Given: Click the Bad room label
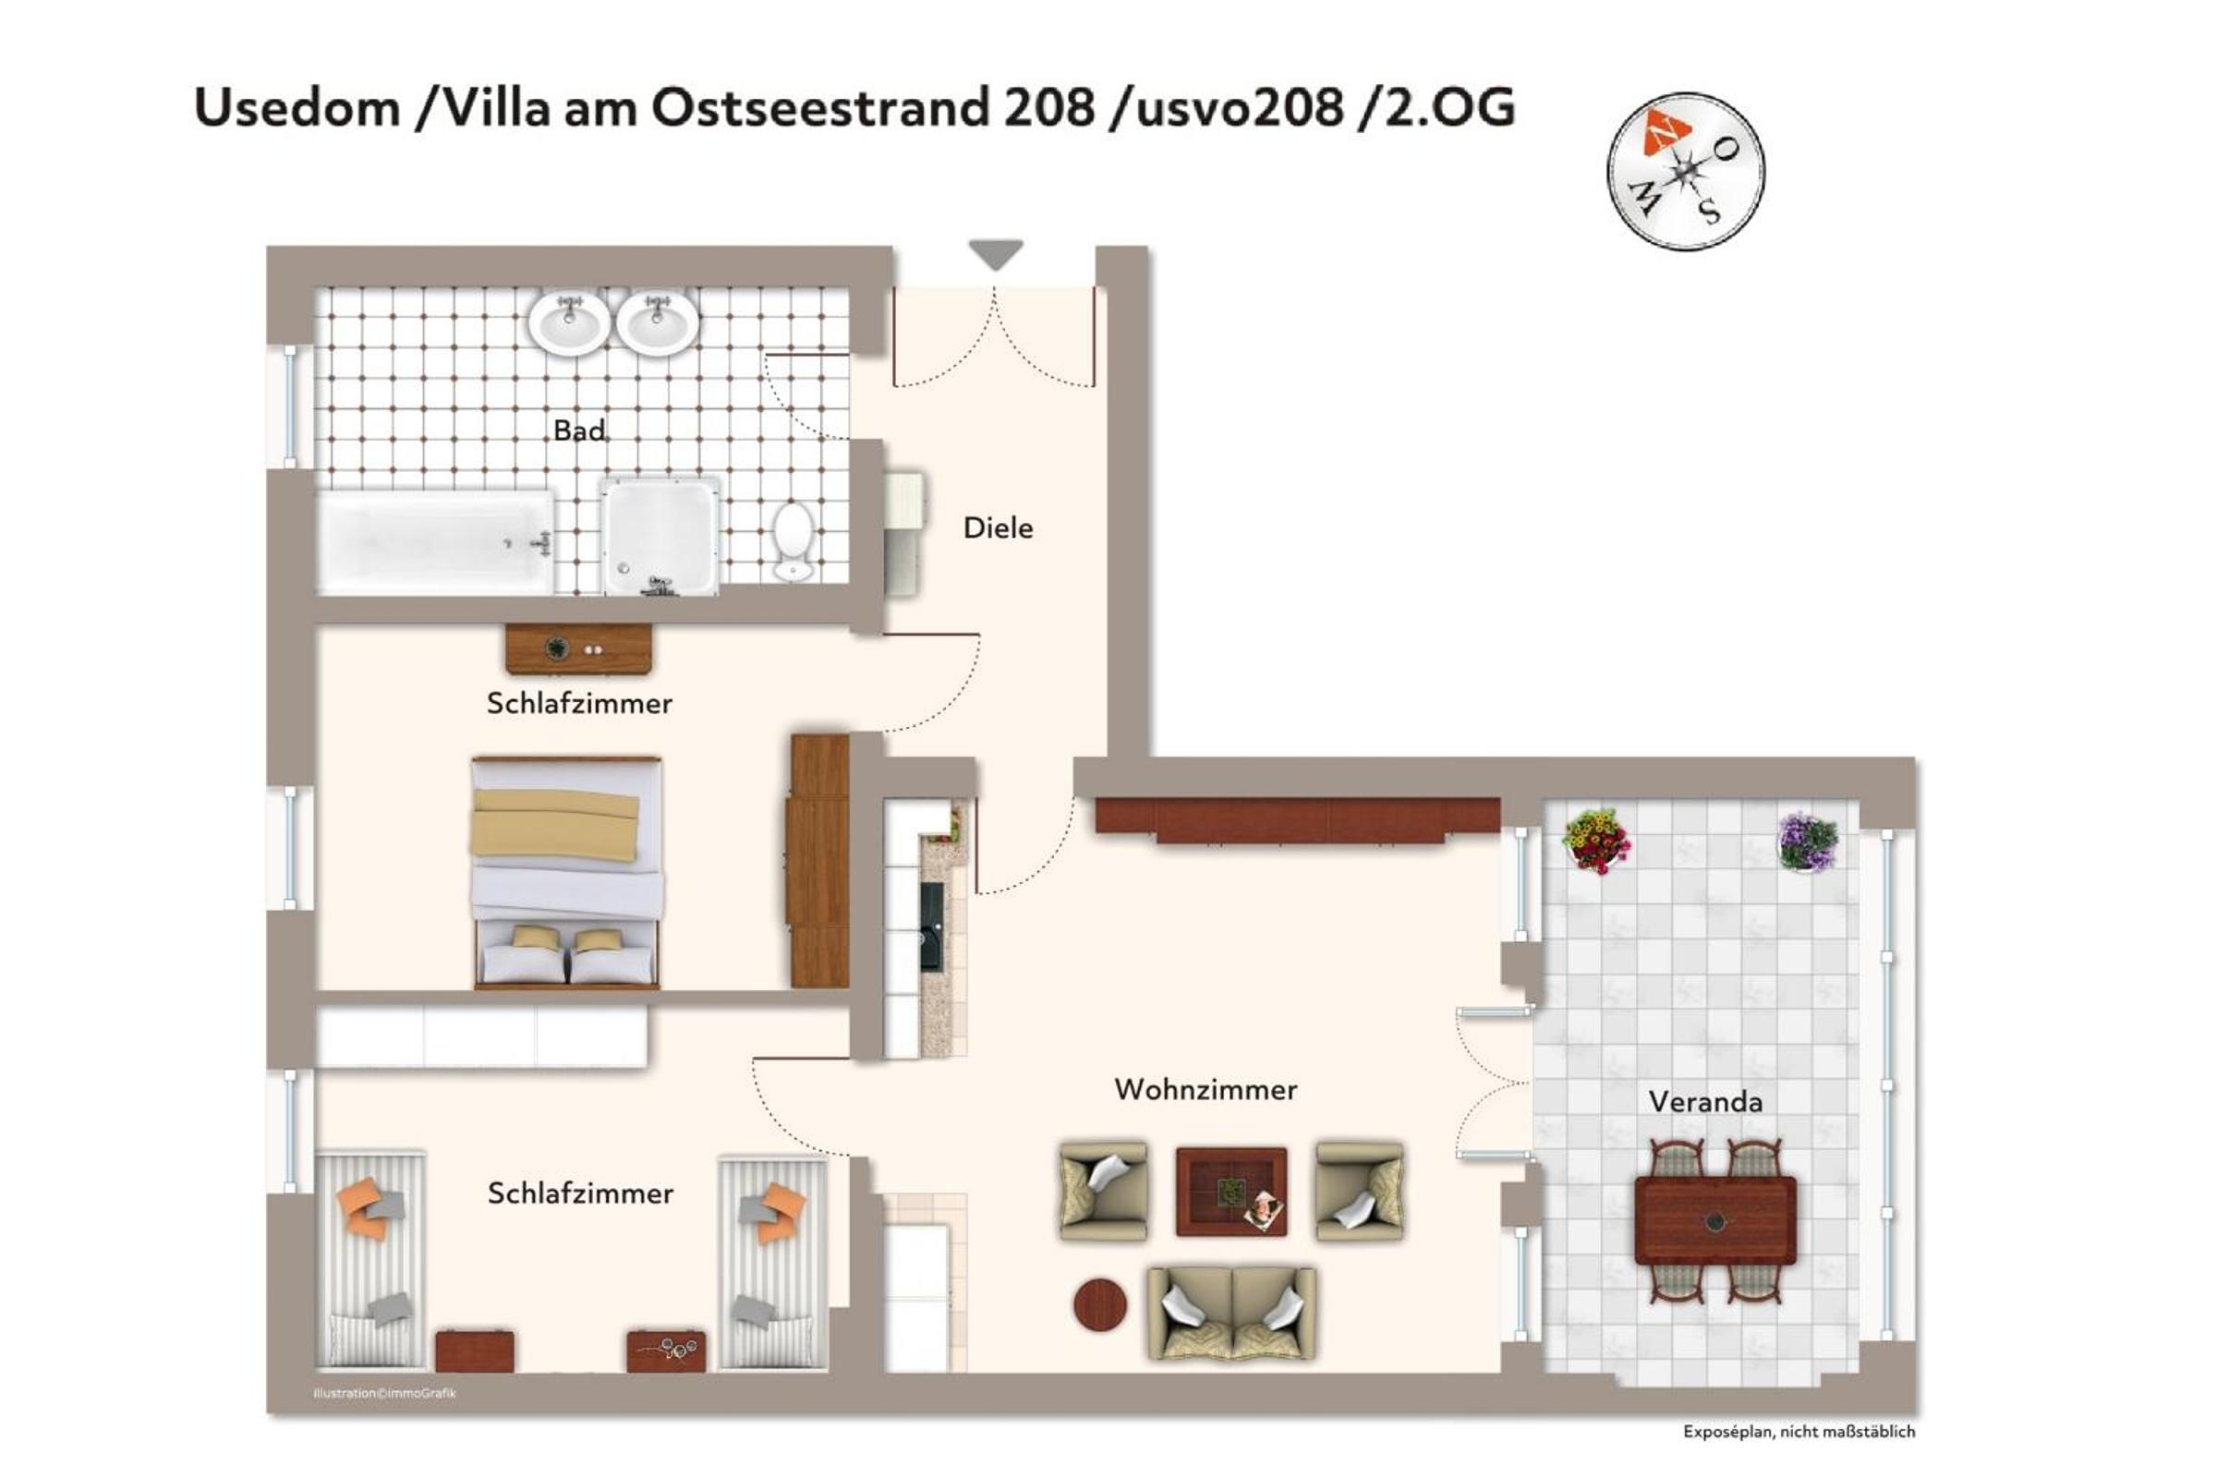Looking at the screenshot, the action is (x=579, y=430).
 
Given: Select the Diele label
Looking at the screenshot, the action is (x=998, y=527).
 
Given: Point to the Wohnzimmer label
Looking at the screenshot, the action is (x=1205, y=1090).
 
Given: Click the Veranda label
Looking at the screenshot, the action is (x=1705, y=1102).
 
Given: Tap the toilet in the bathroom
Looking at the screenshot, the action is (x=793, y=541).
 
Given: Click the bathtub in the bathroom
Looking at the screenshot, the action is (x=435, y=542).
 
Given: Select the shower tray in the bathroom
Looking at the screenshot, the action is (x=660, y=537).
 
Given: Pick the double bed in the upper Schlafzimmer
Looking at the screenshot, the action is (x=566, y=872).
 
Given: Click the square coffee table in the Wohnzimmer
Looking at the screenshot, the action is (x=1231, y=1192).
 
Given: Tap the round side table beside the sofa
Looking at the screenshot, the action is (x=1100, y=1304).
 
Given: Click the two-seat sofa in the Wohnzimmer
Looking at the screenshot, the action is (x=1231, y=1313).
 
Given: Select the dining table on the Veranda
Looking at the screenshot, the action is (x=1715, y=1220).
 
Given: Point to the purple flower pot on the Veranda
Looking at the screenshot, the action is (x=1808, y=842).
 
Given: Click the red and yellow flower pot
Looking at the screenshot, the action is (x=1596, y=841).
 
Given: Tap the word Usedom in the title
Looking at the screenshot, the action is (x=297, y=107).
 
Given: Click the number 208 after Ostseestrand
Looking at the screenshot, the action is (x=1049, y=107).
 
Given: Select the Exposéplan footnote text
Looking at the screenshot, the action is (x=1799, y=1432).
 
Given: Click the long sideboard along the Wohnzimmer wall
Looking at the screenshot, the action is (x=1297, y=819).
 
